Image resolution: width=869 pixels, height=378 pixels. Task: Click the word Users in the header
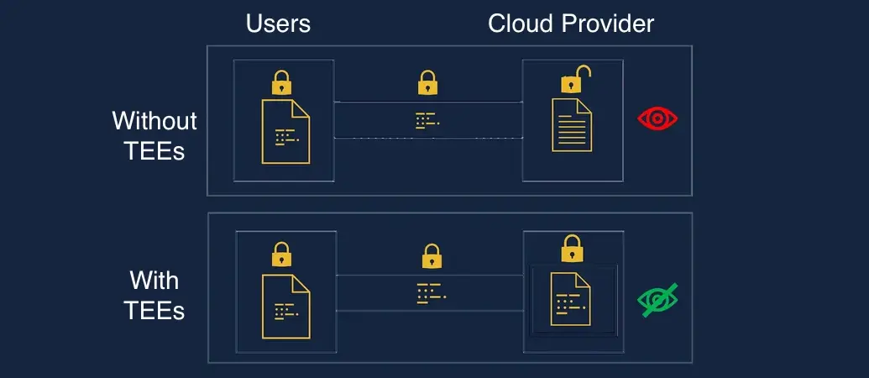tap(278, 24)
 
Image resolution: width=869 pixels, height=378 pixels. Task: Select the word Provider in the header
tap(606, 24)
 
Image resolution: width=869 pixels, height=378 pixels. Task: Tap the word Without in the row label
tap(154, 121)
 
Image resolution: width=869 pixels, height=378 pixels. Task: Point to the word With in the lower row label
tap(154, 280)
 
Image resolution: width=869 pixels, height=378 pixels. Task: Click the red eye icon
tap(657, 118)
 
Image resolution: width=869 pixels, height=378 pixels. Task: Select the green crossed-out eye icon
tap(657, 299)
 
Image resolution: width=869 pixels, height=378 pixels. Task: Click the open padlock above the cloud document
tap(574, 81)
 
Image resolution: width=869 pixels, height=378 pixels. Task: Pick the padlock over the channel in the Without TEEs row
tap(427, 82)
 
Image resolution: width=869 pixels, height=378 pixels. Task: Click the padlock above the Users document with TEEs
tap(281, 255)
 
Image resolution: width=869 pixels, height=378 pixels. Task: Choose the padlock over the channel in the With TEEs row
tap(432, 255)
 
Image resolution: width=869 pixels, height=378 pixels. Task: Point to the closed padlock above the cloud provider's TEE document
tap(572, 249)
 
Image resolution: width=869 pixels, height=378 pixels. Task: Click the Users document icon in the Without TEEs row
tap(285, 131)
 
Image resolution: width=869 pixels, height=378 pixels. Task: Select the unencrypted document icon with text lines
tap(571, 124)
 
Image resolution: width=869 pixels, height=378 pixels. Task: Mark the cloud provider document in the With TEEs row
tap(571, 298)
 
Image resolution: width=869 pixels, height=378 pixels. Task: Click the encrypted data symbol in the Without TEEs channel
tap(427, 121)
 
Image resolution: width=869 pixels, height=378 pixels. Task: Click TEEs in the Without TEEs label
tap(154, 152)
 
